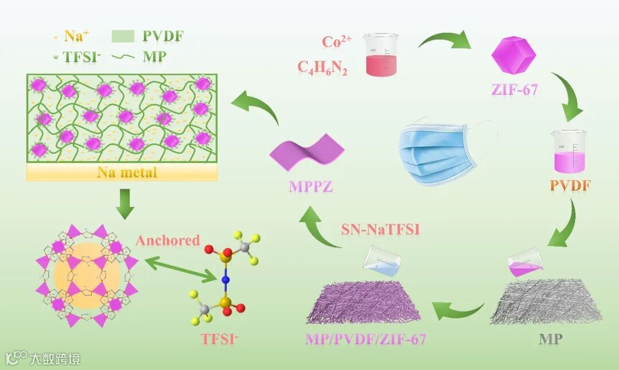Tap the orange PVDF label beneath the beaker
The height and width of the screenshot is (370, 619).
click(x=570, y=186)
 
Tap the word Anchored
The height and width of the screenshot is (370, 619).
click(x=167, y=240)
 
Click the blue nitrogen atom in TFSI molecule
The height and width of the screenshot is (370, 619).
click(x=225, y=281)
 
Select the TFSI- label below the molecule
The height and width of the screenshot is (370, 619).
click(x=219, y=338)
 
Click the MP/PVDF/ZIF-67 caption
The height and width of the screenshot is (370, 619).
click(x=365, y=338)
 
